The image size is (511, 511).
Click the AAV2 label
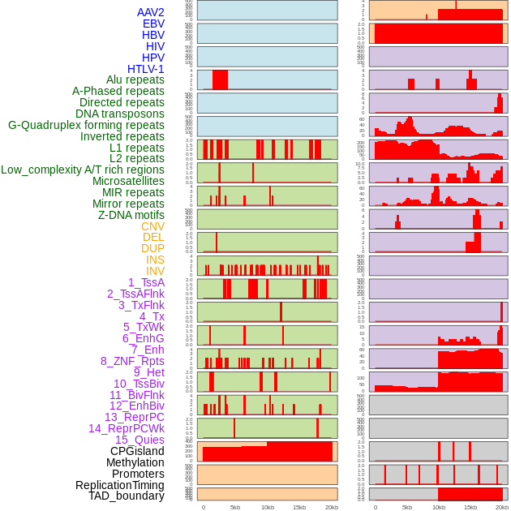[x=151, y=12]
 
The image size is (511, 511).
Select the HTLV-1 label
[x=146, y=69]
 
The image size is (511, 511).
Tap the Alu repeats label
[x=135, y=79]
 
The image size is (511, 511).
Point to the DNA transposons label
[x=120, y=114]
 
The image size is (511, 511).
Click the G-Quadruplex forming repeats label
[x=86, y=125]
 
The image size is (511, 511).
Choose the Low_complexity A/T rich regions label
[x=83, y=170]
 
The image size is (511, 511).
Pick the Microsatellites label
[x=128, y=181]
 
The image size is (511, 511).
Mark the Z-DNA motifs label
[x=131, y=215]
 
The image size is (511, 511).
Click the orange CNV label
[x=152, y=226]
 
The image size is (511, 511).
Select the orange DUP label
[x=152, y=248]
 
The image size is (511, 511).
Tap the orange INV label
[x=155, y=271]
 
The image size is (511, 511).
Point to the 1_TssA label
[x=146, y=282]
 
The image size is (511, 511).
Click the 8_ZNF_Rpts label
[x=132, y=361]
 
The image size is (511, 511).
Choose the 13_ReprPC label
[x=135, y=417]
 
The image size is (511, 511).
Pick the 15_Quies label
[x=140, y=440]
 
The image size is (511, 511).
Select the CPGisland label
[x=137, y=451]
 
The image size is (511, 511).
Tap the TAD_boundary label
[x=127, y=496]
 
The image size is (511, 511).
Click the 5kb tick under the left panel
[x=235, y=507]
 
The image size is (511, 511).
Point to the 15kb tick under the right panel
[x=470, y=507]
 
